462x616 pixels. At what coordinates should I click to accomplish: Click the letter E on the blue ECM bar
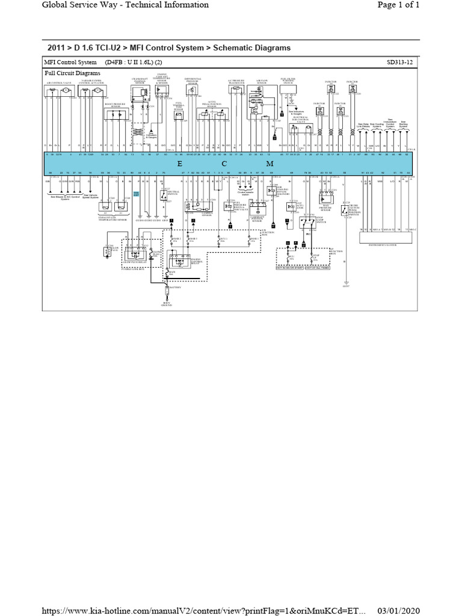[179, 164]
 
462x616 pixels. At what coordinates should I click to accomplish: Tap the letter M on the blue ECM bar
[269, 164]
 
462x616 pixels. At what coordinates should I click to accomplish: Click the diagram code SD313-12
[402, 63]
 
